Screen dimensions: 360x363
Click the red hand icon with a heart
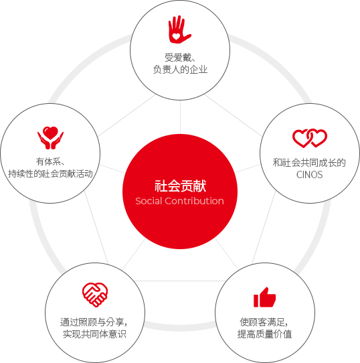[179, 29]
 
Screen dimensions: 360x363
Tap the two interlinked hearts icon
[310, 138]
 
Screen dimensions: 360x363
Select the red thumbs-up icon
[264, 297]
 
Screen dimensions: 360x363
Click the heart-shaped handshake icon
[95, 295]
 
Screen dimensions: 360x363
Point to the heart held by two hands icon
[50, 137]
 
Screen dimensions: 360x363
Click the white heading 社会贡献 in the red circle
[180, 186]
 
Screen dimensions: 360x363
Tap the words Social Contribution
[179, 201]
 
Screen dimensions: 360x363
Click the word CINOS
[310, 175]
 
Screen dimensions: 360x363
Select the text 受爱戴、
[180, 58]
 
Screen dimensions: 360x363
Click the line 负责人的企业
[180, 70]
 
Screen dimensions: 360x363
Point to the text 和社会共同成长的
[309, 163]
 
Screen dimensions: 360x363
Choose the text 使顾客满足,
[264, 322]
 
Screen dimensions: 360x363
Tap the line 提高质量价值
[264, 334]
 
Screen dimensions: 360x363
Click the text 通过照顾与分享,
[94, 322]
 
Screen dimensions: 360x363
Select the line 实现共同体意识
[94, 334]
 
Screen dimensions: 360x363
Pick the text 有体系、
[50, 161]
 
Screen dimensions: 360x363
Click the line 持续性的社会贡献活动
[50, 173]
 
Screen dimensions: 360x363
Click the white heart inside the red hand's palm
[176, 37]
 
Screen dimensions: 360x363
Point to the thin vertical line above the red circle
[180, 117]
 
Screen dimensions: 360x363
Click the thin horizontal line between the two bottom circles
[180, 281]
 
